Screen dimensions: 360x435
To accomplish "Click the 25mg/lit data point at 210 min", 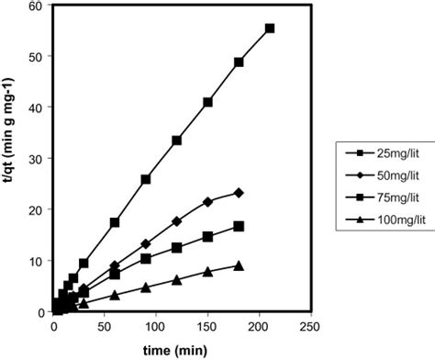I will (270, 28).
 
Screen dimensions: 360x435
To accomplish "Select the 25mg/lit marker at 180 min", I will (239, 62).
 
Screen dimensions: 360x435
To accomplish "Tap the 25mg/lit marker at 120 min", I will (176, 141).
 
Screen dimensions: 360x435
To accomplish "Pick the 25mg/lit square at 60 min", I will (115, 222).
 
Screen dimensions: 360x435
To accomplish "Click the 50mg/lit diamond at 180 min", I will (239, 193).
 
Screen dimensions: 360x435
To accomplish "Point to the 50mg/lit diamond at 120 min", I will (176, 221).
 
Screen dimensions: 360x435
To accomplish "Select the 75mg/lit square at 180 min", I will (239, 226).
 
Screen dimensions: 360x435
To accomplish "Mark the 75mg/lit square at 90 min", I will (146, 258).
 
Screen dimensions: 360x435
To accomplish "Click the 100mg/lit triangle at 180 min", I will (239, 265).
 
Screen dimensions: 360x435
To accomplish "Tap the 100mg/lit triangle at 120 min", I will (176, 279).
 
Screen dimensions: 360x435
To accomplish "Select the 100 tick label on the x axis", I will (156, 327).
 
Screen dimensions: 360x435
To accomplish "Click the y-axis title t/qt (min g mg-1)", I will (11, 158).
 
